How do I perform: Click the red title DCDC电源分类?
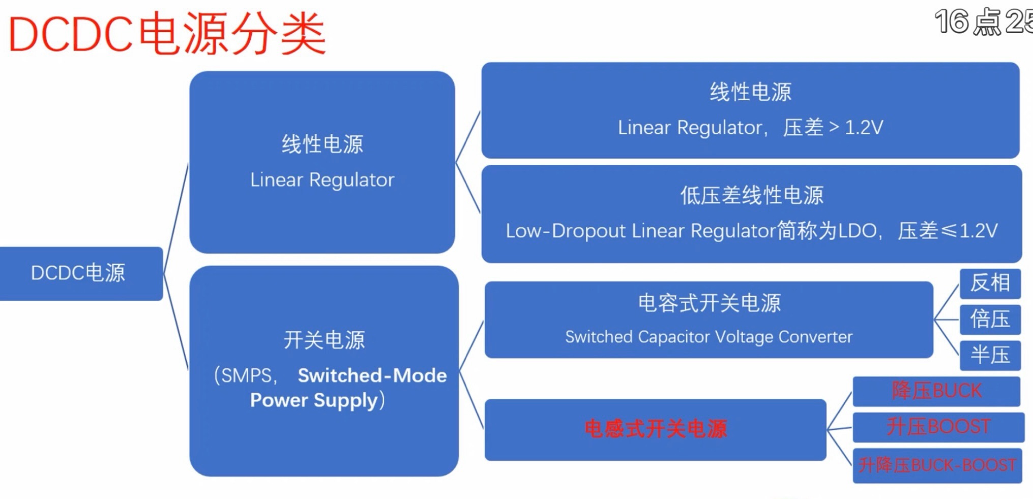coord(167,35)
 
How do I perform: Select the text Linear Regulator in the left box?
coord(322,180)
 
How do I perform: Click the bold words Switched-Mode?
coord(372,375)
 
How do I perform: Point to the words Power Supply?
coord(314,400)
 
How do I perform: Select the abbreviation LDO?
coord(857,231)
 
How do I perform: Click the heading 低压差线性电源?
coord(751,195)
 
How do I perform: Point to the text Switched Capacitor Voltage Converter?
coord(709,337)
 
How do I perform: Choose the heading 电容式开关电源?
coord(709,303)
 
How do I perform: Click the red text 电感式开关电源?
coord(656,429)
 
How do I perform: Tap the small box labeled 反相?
coord(990,283)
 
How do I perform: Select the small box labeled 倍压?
coord(990,319)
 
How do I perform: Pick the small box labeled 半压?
coord(990,355)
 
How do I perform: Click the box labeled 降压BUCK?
coord(936,391)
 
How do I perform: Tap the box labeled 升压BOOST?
coord(938,426)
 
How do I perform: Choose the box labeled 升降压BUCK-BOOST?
coord(937,465)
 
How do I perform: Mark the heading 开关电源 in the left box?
coord(324,340)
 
